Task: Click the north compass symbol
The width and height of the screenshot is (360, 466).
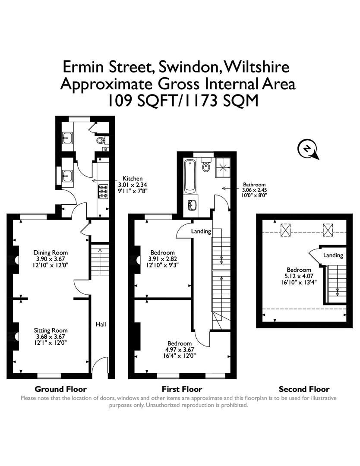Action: pos(307,149)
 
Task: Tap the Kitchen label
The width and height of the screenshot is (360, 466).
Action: pos(133,178)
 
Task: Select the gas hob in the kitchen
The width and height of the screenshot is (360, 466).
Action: pos(104,191)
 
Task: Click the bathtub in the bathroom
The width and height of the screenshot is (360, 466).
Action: pos(190,176)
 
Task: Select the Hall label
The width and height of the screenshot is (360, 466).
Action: pos(101,324)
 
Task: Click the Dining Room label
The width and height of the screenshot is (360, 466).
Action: pos(51,252)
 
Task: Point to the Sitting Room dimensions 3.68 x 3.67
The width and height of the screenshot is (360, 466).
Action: pos(51,337)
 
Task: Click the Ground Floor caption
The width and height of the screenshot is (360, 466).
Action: pos(60,389)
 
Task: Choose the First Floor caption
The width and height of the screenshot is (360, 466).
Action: pos(182,389)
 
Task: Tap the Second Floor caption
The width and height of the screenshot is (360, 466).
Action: pos(304,389)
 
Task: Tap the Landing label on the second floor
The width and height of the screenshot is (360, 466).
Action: pos(333,255)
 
